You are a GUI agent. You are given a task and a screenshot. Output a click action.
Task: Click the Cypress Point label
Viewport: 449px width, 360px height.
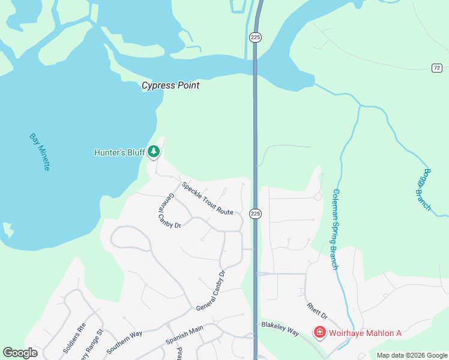point(170,86)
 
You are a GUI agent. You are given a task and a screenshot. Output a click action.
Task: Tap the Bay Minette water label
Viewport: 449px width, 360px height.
point(39,152)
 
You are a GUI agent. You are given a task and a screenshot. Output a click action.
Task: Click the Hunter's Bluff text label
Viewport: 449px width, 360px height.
point(119,152)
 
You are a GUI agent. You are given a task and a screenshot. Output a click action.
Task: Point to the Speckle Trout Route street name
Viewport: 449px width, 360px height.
point(207,199)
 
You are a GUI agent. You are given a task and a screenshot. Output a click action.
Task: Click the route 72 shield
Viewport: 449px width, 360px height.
point(437,68)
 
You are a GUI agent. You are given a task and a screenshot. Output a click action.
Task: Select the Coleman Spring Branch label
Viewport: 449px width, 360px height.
point(335,229)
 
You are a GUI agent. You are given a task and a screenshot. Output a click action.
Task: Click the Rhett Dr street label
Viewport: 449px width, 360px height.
point(317,311)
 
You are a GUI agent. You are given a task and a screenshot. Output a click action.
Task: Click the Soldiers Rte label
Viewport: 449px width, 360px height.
point(75,338)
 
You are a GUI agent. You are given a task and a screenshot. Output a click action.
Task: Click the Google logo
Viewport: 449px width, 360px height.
point(20,353)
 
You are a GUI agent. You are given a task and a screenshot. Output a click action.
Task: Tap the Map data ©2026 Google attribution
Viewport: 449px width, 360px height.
point(411,355)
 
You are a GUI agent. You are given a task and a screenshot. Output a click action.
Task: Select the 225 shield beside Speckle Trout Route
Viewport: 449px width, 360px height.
point(255,214)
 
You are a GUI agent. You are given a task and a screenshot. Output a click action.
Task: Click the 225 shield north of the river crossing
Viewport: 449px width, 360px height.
point(255,37)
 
